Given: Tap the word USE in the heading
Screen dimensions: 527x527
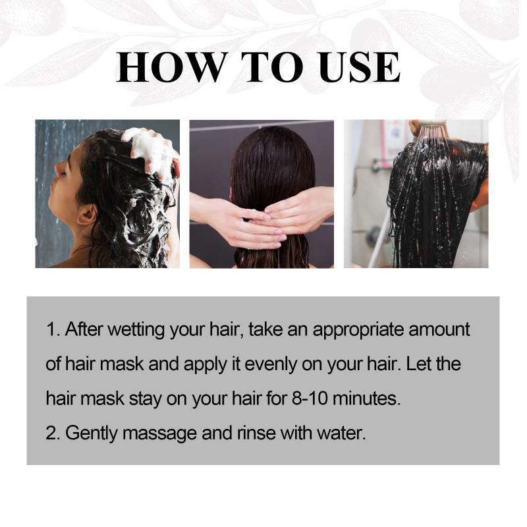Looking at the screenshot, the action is click(x=360, y=67).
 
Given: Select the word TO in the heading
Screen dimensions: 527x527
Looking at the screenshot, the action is click(x=273, y=67).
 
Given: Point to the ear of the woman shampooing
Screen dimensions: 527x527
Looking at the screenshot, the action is click(x=86, y=215).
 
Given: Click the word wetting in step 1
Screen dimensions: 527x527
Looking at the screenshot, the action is click(x=136, y=330).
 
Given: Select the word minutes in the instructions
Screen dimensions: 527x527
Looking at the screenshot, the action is click(x=366, y=399).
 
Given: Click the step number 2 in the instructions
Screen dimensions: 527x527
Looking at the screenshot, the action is click(x=51, y=433).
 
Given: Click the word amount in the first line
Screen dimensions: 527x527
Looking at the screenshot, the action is click(x=439, y=329).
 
